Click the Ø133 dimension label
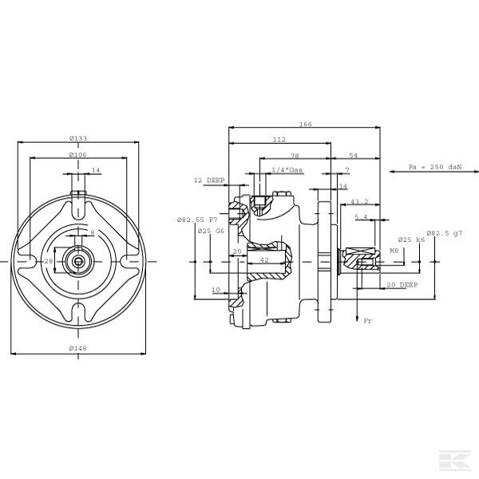click(x=78, y=138)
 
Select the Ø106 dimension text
click(x=78, y=155)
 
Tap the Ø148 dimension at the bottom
click(x=78, y=348)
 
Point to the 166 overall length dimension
click(x=305, y=124)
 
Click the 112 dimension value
click(x=279, y=140)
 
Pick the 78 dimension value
click(x=295, y=156)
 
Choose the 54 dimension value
click(x=354, y=156)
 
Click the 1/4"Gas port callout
click(x=287, y=170)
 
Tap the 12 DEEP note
click(x=209, y=180)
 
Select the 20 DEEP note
click(x=402, y=285)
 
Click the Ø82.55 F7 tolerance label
click(x=197, y=220)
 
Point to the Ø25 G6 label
click(x=211, y=231)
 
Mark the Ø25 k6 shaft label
click(x=411, y=239)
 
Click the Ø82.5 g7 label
click(x=445, y=233)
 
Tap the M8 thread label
click(x=394, y=251)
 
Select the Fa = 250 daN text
click(x=435, y=167)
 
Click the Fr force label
click(x=368, y=321)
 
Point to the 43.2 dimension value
click(x=359, y=202)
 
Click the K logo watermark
click(x=455, y=460)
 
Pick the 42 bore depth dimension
click(x=264, y=260)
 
